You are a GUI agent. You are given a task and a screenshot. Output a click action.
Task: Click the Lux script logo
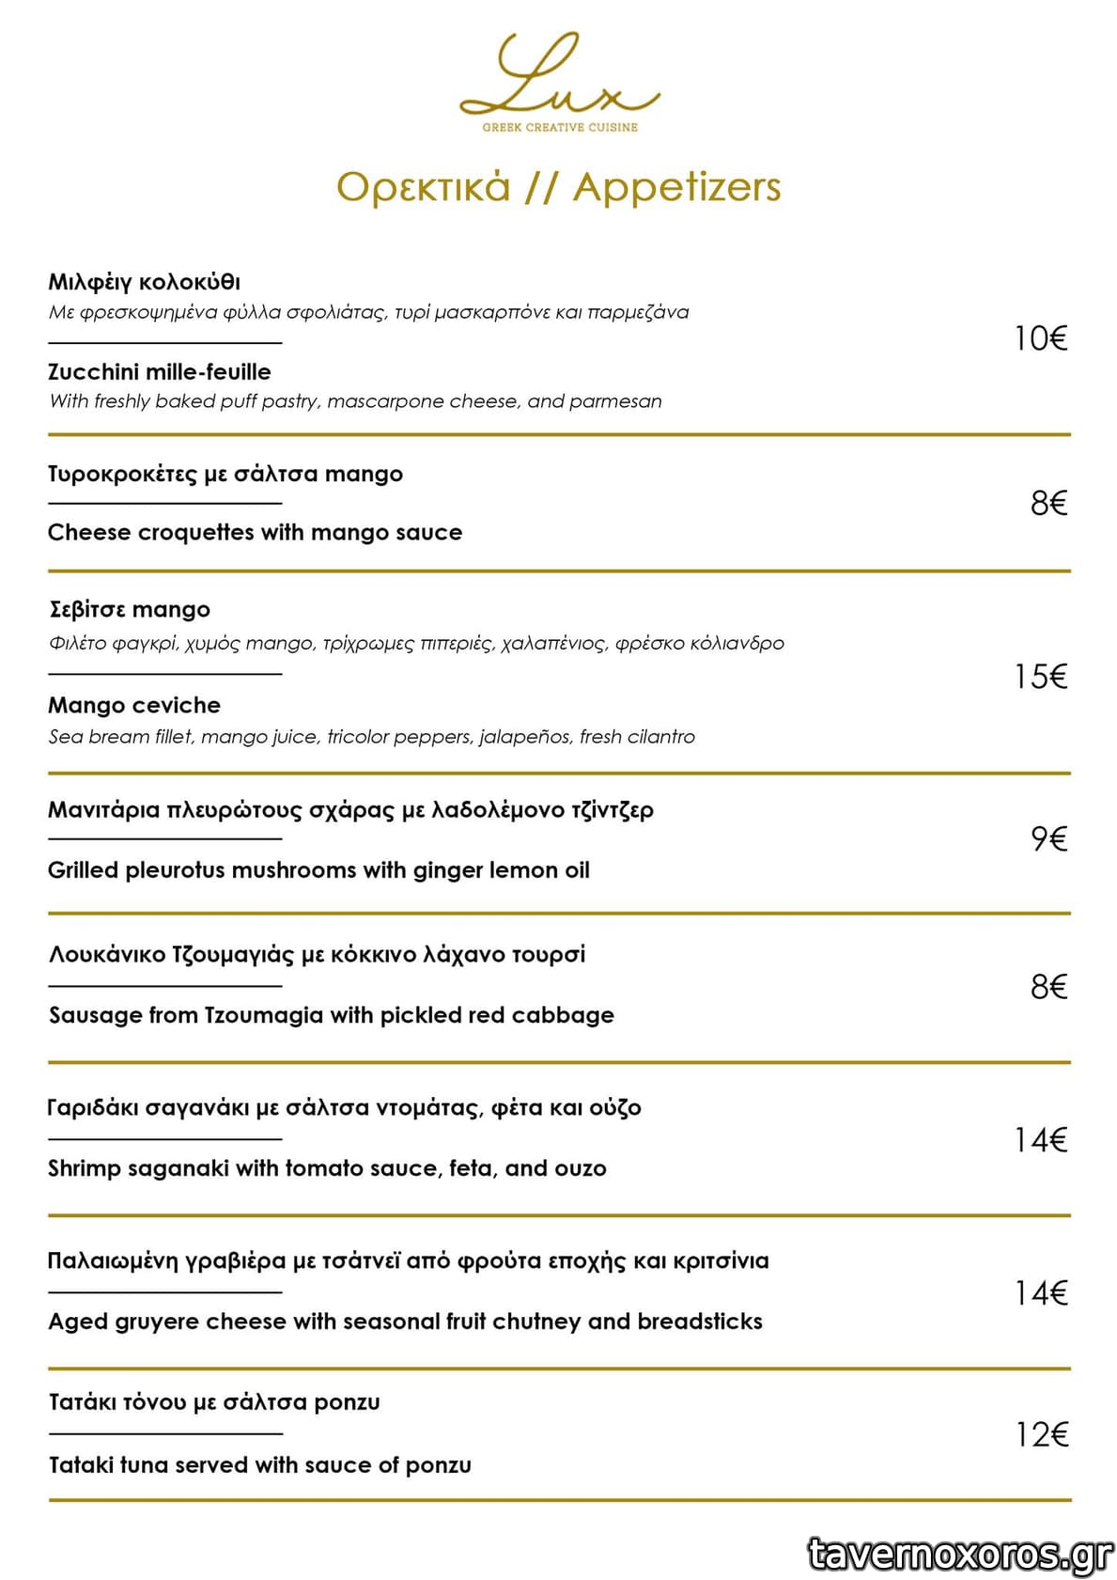coord(558,75)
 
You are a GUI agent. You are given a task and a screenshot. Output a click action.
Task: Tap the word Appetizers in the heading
coord(676,187)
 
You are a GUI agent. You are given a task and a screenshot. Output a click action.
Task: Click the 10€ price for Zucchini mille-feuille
coord(1041,338)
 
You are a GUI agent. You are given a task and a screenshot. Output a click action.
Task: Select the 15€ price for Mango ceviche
coord(1041,677)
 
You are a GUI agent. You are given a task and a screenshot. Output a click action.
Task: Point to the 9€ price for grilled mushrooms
coord(1048,838)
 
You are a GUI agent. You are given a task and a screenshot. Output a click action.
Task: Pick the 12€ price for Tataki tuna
coord(1042,1434)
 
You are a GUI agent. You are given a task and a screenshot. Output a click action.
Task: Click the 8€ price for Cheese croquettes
coord(1048,504)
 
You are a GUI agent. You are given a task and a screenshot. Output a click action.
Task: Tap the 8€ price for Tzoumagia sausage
coord(1048,987)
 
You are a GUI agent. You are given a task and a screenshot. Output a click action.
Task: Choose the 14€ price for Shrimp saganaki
coord(1041,1140)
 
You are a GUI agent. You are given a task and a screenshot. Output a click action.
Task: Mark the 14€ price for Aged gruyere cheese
coord(1041,1293)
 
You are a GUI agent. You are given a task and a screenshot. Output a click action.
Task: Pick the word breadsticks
coord(700,1322)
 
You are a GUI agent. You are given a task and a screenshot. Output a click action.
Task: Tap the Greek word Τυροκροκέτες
coord(123,475)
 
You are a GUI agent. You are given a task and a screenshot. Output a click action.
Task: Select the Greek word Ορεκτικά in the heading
coord(424,187)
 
